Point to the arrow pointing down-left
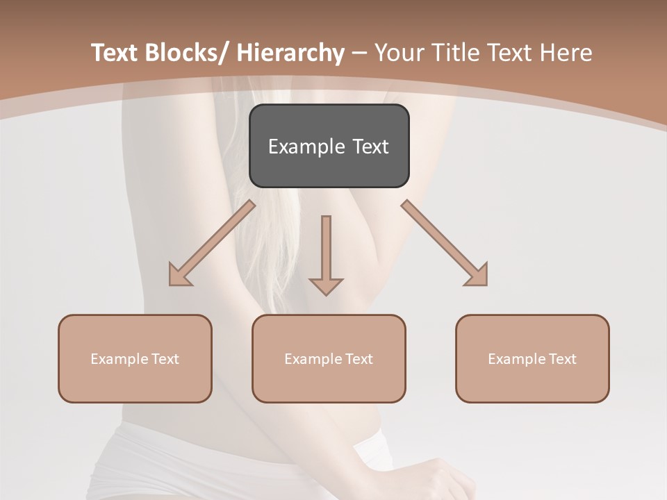[212, 243]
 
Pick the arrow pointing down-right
[445, 243]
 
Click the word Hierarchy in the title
[290, 53]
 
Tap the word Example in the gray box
[306, 147]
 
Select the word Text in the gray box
[369, 147]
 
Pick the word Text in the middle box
[359, 359]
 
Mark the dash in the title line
[359, 53]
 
